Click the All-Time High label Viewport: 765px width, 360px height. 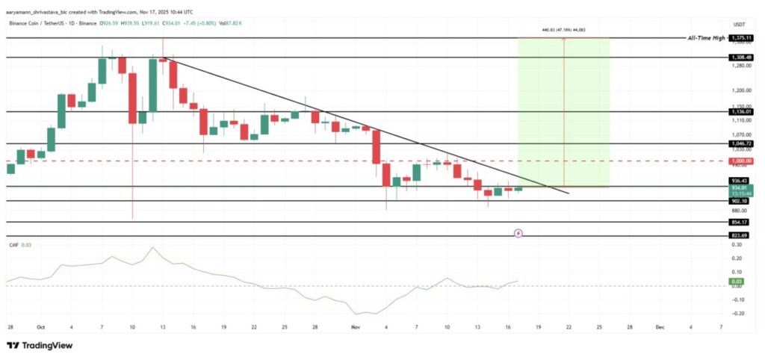[707, 37]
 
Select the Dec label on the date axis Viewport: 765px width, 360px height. [660, 326]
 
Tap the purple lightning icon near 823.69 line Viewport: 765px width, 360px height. [518, 233]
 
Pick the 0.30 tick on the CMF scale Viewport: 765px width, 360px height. [738, 244]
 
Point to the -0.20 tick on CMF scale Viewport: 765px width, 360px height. [738, 313]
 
